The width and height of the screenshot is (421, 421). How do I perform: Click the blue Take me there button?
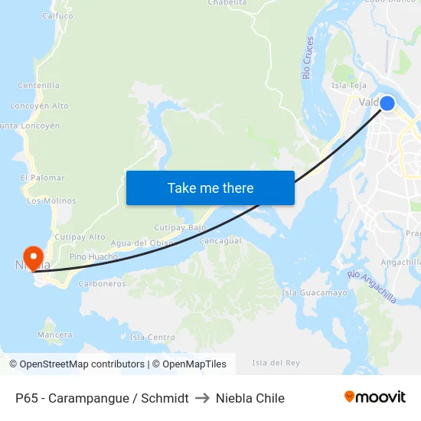[x=210, y=188]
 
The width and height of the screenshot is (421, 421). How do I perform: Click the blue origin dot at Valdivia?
[x=387, y=103]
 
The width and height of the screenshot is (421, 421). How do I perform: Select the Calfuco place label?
[x=57, y=15]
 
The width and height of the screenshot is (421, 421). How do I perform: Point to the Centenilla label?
[x=38, y=85]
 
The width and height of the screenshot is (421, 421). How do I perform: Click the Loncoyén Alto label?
[x=39, y=106]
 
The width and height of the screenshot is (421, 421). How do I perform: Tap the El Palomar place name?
[x=42, y=178]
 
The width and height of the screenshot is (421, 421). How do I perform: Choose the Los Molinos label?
[x=51, y=201]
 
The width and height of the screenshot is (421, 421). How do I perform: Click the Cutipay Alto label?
[x=80, y=237]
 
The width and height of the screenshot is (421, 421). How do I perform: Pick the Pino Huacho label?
[x=93, y=257]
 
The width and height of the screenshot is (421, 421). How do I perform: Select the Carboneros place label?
[x=102, y=283]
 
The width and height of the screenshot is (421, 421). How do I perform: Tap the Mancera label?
[x=54, y=335]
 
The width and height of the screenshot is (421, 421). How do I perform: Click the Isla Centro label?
[x=152, y=337]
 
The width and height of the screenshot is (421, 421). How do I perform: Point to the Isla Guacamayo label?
[x=315, y=292]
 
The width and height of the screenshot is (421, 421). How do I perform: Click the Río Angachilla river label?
[x=372, y=286]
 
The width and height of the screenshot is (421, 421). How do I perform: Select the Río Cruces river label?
[x=308, y=57]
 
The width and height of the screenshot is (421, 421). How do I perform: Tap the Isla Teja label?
[x=349, y=85]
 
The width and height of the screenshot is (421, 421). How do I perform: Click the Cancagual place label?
[x=220, y=240]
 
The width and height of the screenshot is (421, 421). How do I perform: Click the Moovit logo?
[x=375, y=397]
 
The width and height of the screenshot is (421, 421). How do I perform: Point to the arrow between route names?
[x=202, y=398]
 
